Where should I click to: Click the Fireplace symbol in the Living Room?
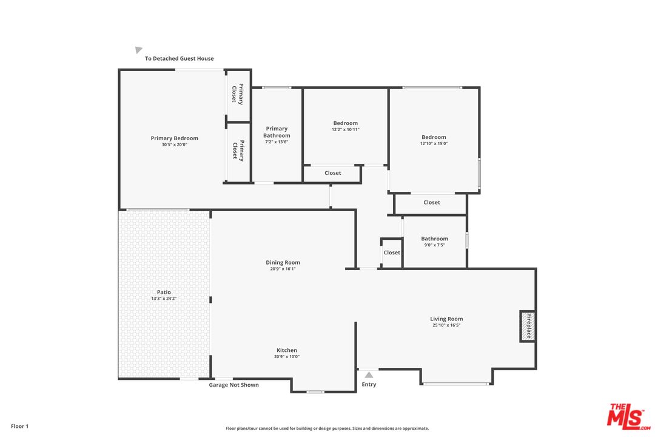click(x=527, y=326)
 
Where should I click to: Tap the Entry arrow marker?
click(x=369, y=375)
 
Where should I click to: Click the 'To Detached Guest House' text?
click(x=179, y=59)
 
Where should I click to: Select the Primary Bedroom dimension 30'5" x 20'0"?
click(x=175, y=145)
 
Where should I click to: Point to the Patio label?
click(x=164, y=292)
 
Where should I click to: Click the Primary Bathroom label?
click(x=277, y=132)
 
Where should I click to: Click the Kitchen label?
click(x=287, y=350)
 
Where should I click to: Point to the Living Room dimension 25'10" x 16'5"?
click(x=446, y=325)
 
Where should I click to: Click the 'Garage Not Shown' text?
click(x=233, y=385)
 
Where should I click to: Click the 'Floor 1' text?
click(x=19, y=426)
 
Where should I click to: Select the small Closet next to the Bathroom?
click(x=392, y=252)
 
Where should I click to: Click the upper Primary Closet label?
click(x=238, y=94)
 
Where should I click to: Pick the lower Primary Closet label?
click(x=238, y=151)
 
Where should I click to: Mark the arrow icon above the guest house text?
click(x=139, y=50)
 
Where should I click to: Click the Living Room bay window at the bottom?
click(x=456, y=384)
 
